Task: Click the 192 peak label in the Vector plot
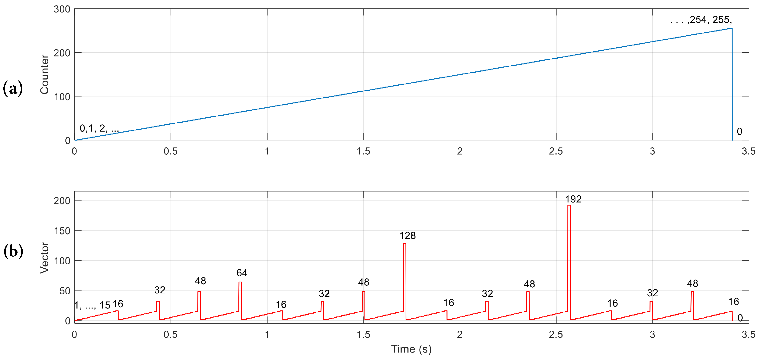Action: (573, 199)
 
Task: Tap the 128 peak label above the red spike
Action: (407, 235)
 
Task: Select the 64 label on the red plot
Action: (242, 273)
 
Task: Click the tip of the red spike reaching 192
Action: (569, 205)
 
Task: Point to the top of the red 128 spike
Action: (405, 244)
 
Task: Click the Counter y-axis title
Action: (45, 74)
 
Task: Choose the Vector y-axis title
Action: (45, 258)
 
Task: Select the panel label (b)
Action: (13, 251)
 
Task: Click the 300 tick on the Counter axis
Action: (62, 9)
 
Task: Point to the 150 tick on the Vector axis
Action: (62, 231)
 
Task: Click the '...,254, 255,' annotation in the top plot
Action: (701, 20)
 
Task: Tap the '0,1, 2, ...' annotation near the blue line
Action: (99, 128)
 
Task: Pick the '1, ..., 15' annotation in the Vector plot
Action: (92, 305)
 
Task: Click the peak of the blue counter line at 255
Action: (732, 28)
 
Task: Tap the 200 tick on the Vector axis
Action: (62, 201)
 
